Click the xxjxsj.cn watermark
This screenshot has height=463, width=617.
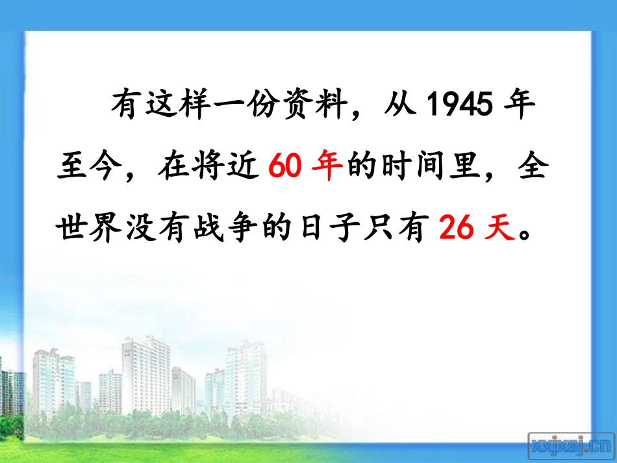(571, 445)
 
